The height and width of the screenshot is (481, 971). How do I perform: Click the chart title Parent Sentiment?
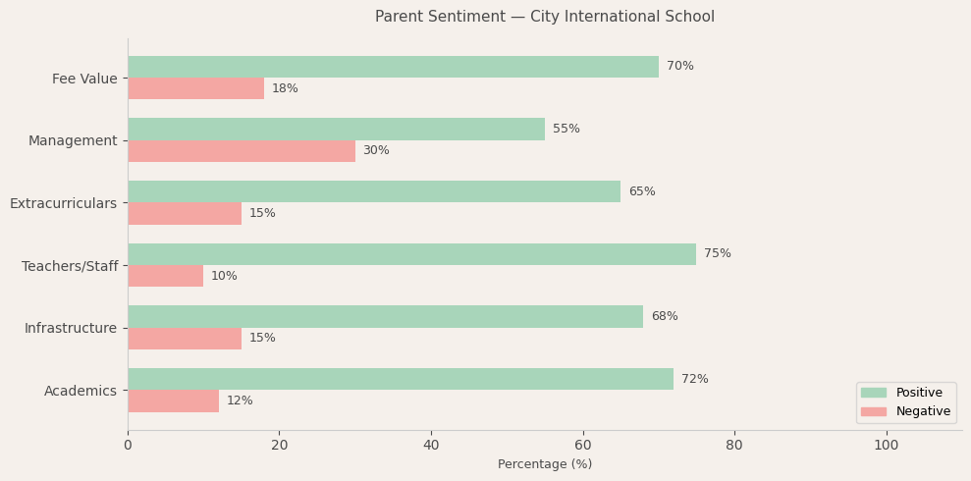(x=544, y=17)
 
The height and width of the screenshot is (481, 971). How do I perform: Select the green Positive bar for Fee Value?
(x=393, y=67)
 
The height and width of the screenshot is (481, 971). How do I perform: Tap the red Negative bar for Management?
(x=242, y=151)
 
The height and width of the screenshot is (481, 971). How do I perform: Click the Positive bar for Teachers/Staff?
(x=411, y=254)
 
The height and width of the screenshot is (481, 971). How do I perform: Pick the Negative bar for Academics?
(x=173, y=401)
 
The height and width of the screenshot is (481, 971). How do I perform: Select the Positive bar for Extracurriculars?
(x=374, y=191)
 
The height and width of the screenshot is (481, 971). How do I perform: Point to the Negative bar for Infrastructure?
(x=185, y=339)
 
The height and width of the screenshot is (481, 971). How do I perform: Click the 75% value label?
(x=717, y=254)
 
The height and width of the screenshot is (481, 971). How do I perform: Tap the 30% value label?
(x=376, y=151)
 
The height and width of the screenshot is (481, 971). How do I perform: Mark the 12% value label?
(x=240, y=401)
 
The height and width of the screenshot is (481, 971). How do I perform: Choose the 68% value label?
(x=664, y=317)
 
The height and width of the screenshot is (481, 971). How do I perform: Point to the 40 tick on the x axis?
(x=431, y=446)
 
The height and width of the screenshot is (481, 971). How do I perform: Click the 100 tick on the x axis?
(x=886, y=446)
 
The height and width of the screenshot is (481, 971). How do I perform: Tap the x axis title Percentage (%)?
(x=545, y=465)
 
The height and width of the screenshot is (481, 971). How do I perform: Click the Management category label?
(x=73, y=141)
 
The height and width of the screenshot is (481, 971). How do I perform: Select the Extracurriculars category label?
(x=63, y=204)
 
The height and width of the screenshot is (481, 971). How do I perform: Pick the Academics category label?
(x=81, y=392)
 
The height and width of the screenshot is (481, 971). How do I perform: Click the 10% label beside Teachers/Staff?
(x=224, y=277)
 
